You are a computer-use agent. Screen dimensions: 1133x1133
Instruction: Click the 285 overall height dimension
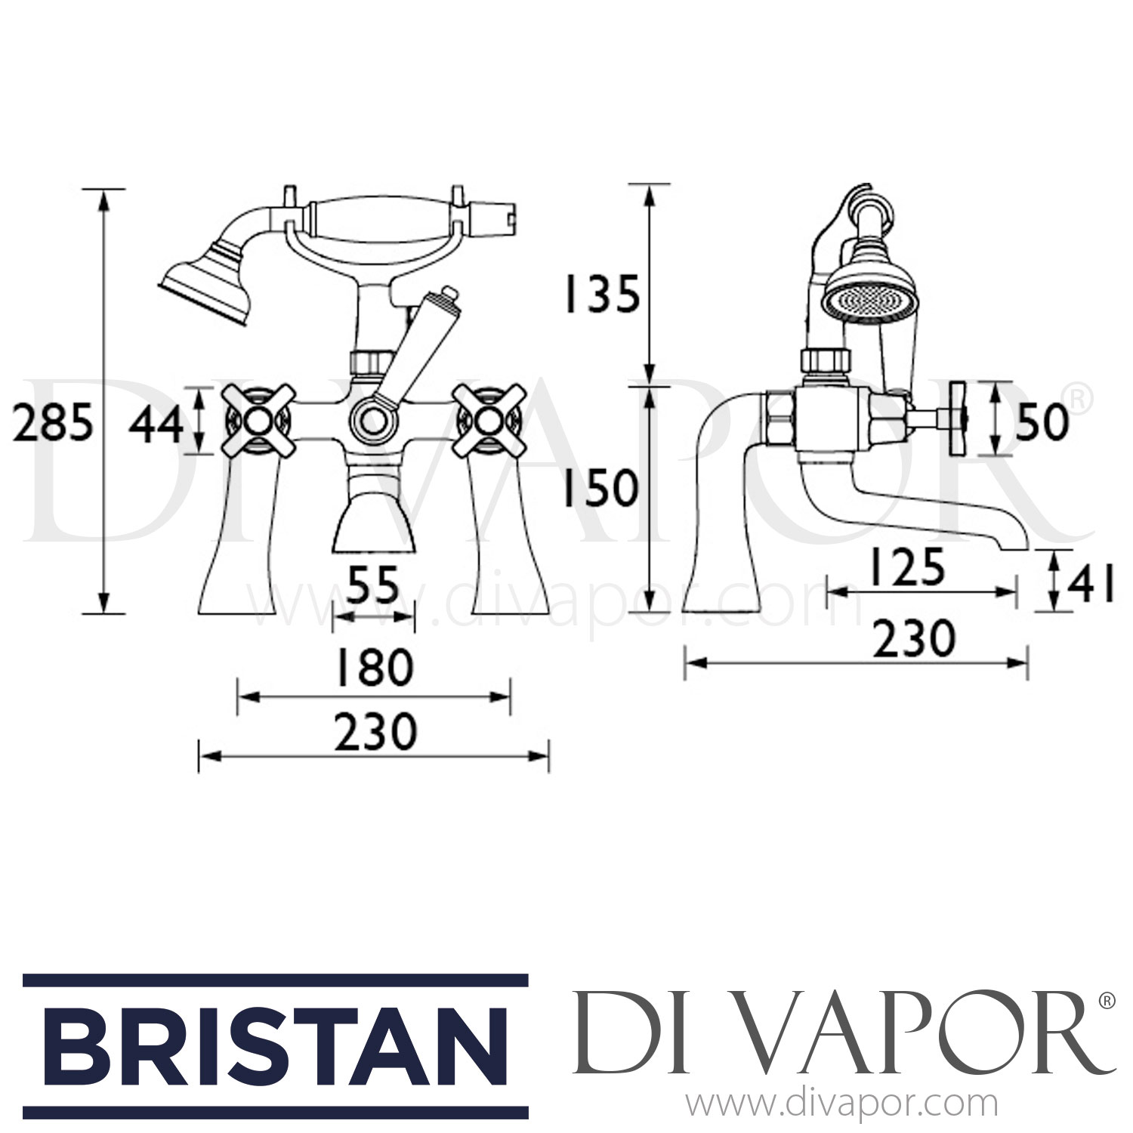click(54, 423)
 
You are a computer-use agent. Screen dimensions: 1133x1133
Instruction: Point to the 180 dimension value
click(375, 668)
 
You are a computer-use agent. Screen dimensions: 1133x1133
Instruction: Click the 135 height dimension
click(601, 294)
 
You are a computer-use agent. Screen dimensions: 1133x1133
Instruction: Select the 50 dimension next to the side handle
click(1042, 421)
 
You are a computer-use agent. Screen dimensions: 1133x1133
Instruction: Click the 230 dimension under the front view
click(375, 731)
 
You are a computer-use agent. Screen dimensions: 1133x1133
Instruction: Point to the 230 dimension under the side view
click(914, 639)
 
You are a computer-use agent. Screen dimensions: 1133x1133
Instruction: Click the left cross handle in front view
click(258, 421)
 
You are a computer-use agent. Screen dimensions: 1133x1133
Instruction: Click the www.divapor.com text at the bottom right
click(846, 1105)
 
